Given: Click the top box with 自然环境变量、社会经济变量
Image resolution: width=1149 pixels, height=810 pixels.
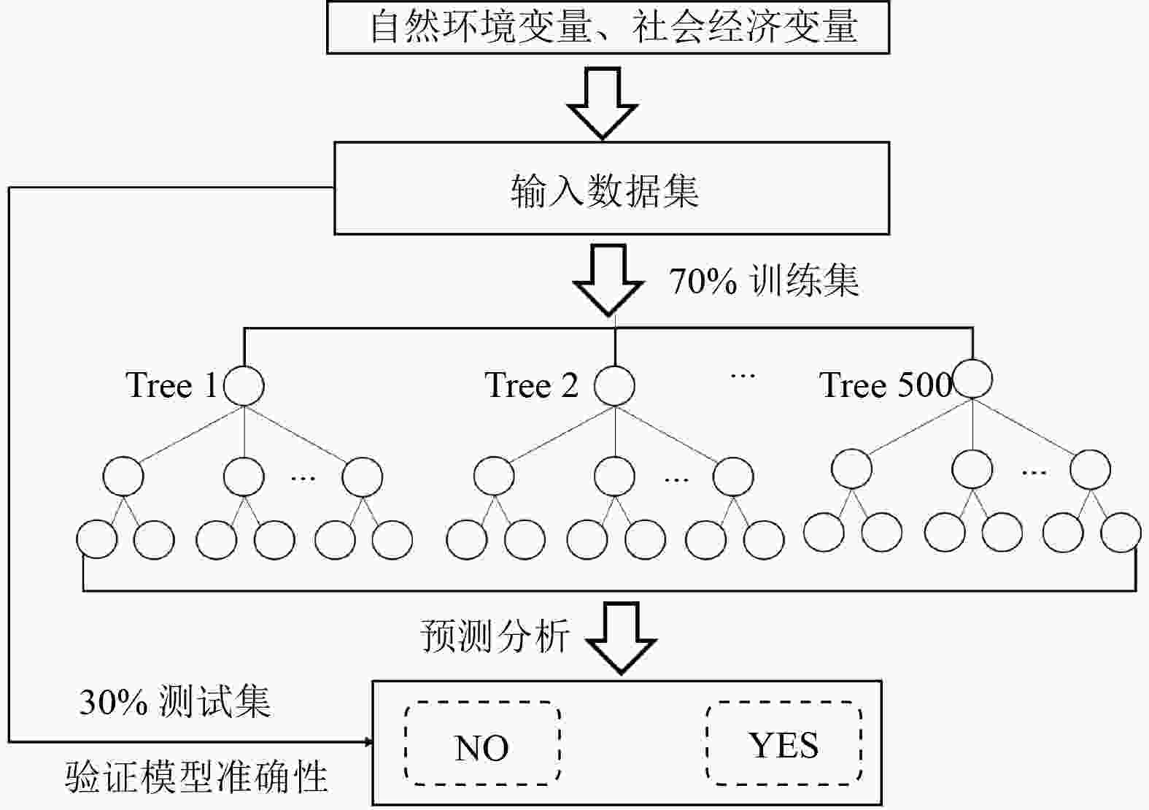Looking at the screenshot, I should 608,28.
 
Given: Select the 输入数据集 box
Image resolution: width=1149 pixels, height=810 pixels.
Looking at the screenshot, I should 611,188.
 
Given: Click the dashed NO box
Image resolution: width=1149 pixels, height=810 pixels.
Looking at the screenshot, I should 482,744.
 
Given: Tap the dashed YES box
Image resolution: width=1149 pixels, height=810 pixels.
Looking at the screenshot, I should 784,743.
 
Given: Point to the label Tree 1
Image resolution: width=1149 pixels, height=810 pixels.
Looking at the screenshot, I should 171,385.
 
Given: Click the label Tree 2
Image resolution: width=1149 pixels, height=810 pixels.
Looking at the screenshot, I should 531,385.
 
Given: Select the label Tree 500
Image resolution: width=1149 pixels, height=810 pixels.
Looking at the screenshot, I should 885,385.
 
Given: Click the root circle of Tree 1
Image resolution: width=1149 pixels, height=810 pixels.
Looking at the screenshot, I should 244,385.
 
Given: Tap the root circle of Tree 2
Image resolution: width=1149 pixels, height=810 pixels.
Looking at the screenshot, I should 614,385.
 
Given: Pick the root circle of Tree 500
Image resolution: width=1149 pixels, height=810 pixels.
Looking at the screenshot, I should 972,379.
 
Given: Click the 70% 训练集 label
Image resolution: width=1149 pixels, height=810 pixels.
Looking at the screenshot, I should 764,281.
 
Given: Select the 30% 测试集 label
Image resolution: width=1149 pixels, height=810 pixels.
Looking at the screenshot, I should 175,702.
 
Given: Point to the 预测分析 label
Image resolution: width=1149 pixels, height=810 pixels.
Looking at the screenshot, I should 495,636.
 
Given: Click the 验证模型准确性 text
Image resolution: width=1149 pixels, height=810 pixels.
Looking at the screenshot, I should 197,778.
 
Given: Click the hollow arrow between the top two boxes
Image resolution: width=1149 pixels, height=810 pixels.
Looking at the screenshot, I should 603,102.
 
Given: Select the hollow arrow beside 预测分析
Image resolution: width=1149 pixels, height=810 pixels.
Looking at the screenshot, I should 622,636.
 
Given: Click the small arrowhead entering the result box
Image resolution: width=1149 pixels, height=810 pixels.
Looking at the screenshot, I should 368,742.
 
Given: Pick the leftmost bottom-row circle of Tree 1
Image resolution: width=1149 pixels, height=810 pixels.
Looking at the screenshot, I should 96,540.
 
